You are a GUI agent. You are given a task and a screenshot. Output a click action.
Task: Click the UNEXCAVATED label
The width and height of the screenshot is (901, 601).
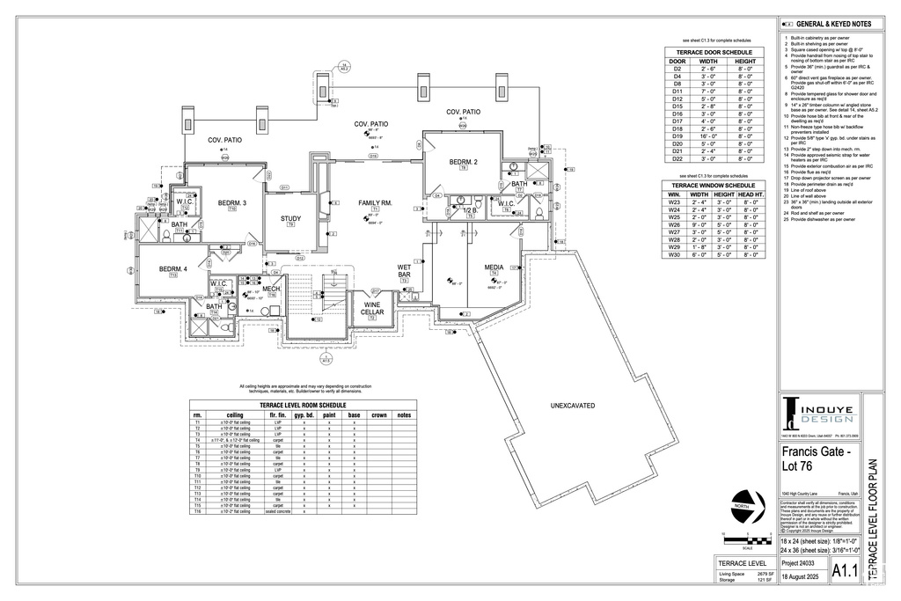tap(573, 406)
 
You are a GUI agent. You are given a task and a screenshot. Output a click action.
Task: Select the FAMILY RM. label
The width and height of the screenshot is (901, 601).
tap(374, 203)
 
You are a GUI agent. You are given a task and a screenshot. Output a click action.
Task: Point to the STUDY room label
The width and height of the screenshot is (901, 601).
tap(290, 219)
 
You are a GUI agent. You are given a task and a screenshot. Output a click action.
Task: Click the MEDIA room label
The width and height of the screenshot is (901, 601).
tap(494, 268)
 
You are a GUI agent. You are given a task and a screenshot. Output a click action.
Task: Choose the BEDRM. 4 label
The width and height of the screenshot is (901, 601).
tap(173, 268)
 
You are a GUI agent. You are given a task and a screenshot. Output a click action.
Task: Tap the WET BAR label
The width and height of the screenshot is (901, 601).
tap(404, 271)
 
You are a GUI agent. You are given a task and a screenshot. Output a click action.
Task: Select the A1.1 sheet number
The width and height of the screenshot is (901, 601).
tap(845, 570)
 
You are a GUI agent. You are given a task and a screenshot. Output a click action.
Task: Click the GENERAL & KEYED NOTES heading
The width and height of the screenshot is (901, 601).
tap(833, 24)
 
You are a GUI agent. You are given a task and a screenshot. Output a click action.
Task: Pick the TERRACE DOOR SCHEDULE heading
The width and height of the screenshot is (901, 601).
tap(712, 52)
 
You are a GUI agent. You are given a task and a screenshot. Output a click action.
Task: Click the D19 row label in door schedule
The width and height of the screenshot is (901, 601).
tap(678, 136)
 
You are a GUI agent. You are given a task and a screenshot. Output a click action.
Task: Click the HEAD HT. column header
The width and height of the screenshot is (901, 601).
tap(751, 194)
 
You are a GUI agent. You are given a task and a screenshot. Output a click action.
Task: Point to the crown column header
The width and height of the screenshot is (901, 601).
tap(379, 414)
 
